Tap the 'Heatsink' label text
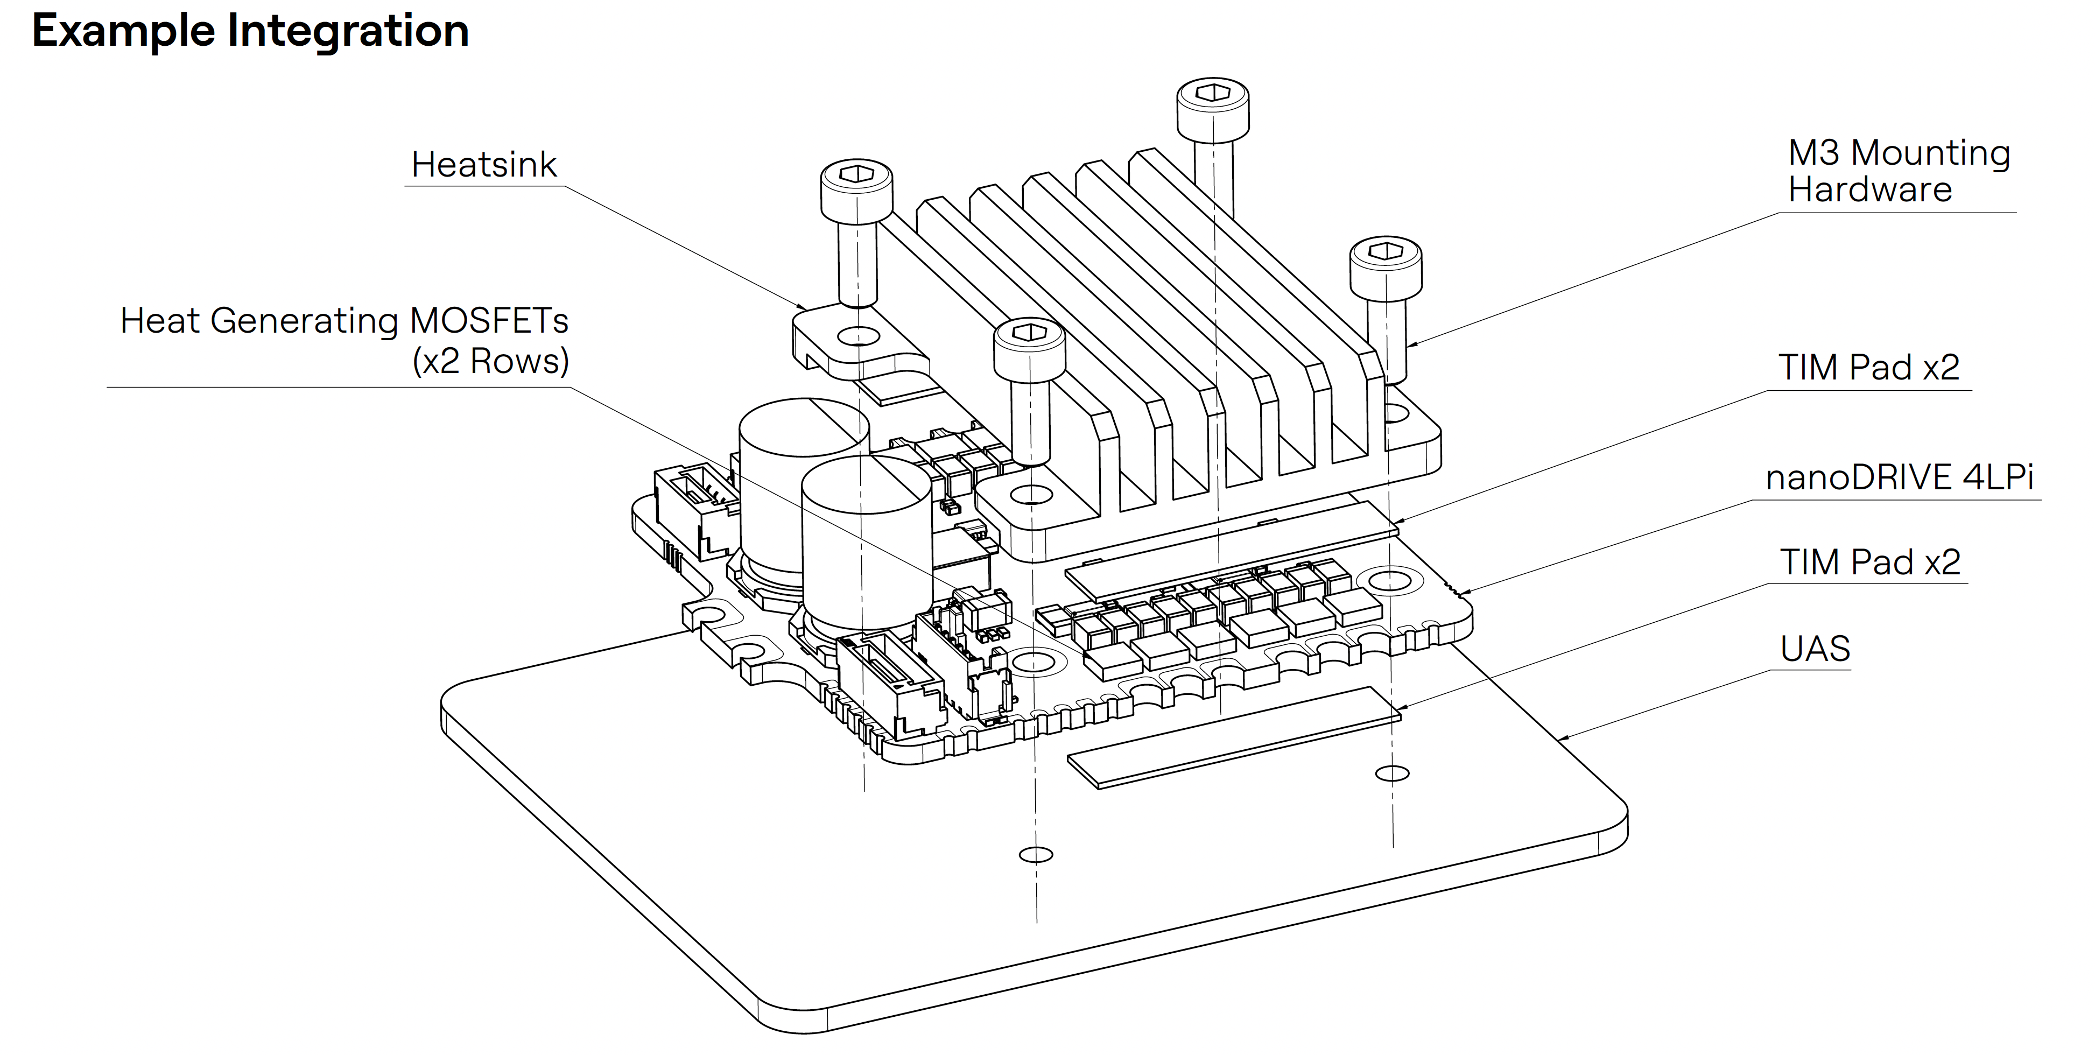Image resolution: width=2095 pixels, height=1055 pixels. (484, 164)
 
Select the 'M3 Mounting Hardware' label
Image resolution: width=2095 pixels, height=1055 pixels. (1899, 171)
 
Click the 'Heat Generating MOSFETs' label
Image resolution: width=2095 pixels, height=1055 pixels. (344, 320)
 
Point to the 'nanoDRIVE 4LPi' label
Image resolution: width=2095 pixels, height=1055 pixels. (1900, 477)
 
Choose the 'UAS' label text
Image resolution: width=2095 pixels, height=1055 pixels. (1815, 648)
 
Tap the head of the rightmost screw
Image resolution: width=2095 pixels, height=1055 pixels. (1386, 267)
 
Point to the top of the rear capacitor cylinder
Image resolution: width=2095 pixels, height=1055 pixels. (804, 425)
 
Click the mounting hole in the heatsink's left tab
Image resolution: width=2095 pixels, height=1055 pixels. (858, 335)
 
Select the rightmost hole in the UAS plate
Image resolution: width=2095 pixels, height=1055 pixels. (1393, 773)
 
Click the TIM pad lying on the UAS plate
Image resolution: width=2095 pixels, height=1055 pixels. (1233, 737)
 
